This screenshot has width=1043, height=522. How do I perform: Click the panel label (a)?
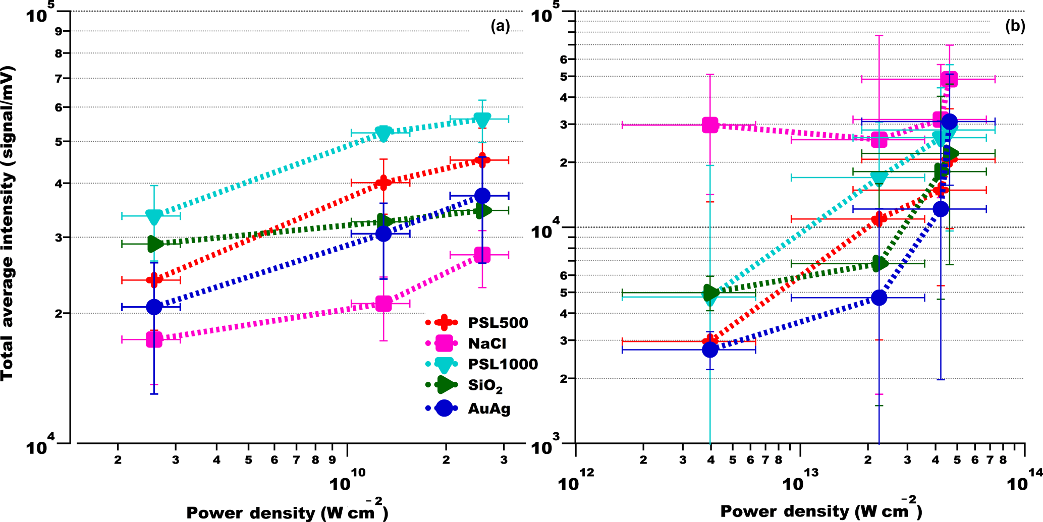point(500,26)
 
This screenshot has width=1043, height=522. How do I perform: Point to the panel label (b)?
point(1015,26)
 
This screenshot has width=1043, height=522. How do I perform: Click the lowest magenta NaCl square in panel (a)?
point(154,339)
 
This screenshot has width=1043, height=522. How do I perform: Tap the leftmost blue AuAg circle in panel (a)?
point(154,307)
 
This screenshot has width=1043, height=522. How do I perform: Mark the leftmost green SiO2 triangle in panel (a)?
point(154,244)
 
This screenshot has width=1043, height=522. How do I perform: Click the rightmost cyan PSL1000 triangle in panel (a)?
point(482,120)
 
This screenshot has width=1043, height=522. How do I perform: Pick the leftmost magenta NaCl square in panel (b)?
point(710,125)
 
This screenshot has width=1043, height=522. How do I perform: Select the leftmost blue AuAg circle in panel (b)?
point(710,350)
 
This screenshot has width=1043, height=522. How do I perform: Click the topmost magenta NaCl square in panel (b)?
point(949,79)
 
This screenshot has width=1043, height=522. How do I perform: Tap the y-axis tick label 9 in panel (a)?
point(59,31)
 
